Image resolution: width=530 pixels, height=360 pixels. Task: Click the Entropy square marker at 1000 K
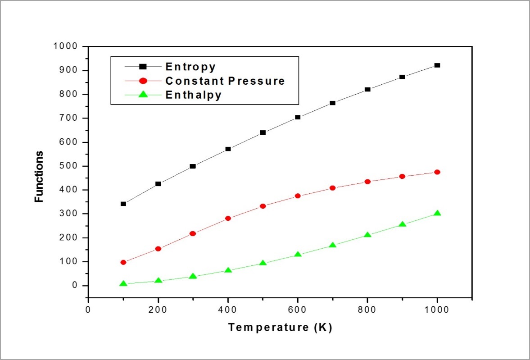437,65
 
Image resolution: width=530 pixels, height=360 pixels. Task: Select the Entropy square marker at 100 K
123,204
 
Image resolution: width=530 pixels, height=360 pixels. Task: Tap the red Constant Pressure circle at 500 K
263,206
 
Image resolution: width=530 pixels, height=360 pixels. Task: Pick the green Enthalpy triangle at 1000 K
437,213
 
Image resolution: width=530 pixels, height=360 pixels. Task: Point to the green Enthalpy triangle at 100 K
123,284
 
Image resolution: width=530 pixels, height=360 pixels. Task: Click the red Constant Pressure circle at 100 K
123,262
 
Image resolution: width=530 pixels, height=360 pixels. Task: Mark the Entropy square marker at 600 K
298,117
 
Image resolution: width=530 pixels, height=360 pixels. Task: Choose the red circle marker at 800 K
367,182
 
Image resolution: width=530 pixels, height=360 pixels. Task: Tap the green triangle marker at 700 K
333,246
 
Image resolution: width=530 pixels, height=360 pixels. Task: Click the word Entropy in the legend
190,67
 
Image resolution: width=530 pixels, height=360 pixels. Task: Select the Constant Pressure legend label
225,81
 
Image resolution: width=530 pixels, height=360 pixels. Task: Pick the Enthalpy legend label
193,96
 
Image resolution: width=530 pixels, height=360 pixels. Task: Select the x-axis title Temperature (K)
280,328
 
